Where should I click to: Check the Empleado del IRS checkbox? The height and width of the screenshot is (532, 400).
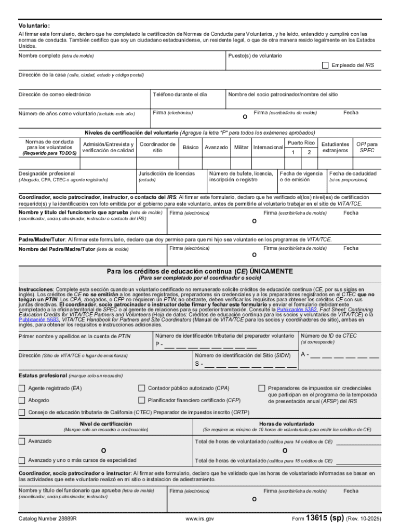tap(325, 65)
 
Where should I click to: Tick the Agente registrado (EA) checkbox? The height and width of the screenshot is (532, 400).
tap(22, 388)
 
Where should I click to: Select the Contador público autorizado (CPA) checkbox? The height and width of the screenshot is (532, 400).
tap(141, 388)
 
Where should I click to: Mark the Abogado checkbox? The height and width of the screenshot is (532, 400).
tap(22, 400)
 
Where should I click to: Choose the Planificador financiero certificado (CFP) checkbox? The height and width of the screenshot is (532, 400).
tap(141, 400)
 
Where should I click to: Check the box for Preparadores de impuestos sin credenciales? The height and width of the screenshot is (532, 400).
tap(262, 388)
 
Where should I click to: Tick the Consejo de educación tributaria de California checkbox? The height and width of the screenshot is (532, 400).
tap(22, 413)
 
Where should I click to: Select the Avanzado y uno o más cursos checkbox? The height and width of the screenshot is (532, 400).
tap(22, 460)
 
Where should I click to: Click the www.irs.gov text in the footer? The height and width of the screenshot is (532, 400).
tap(199, 518)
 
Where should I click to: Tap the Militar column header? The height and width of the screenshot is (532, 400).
tap(241, 148)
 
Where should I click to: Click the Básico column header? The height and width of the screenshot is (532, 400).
tap(190, 148)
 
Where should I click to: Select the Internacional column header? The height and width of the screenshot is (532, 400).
tap(268, 148)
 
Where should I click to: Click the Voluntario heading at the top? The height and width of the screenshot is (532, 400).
tap(35, 25)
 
